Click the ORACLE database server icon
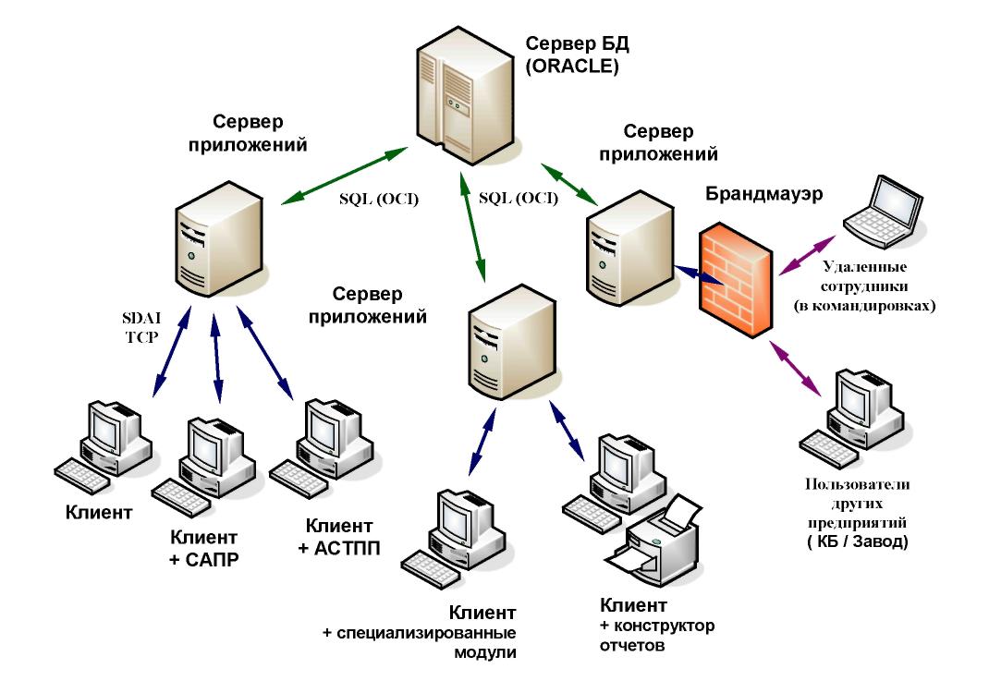point(461,92)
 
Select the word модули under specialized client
point(482,651)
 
